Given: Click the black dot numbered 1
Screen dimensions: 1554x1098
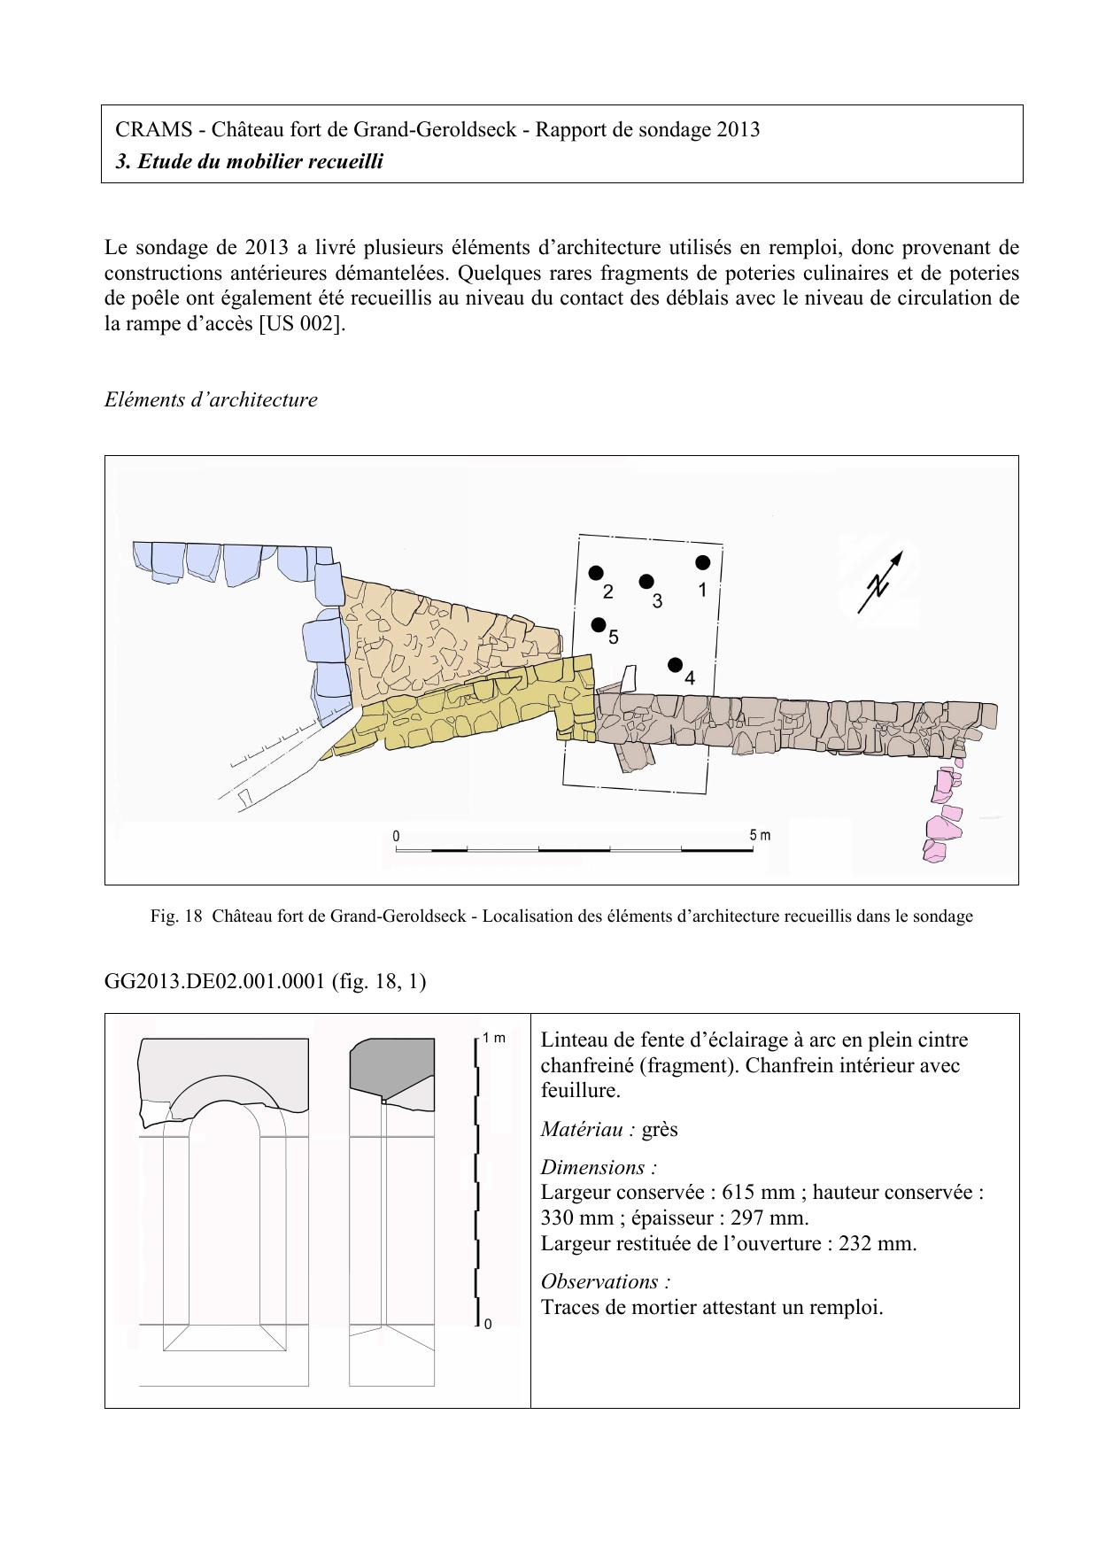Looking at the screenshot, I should click(703, 562).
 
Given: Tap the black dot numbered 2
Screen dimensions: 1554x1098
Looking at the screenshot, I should click(596, 573).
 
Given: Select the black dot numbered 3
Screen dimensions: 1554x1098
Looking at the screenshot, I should click(646, 582).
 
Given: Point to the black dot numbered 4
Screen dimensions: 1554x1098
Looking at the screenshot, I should click(676, 665).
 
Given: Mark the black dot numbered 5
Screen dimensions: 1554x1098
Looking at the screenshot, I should click(599, 624).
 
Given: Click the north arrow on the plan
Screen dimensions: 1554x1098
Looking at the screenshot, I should click(880, 582).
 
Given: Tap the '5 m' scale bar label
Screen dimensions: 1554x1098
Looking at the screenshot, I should click(760, 835).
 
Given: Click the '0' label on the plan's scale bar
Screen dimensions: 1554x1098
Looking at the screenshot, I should click(396, 836).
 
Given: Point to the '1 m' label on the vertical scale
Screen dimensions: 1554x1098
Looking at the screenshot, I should click(494, 1038).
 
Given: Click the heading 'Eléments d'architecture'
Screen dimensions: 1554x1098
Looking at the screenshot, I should click(211, 399).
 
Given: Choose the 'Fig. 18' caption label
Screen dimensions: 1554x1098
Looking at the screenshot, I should click(176, 916).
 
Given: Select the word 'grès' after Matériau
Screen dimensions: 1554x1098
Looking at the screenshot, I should click(660, 1129).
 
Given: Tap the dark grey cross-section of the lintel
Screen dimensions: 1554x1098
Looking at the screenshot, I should click(390, 1069).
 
